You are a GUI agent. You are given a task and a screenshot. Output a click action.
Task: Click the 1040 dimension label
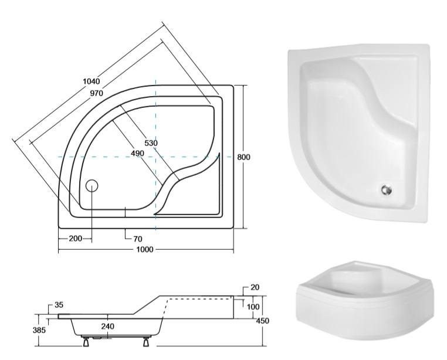[92, 81]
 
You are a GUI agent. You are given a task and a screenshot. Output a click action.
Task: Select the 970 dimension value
[97, 93]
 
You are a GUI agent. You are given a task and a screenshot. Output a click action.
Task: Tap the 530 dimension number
[151, 143]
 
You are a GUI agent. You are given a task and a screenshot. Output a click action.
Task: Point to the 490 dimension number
[137, 154]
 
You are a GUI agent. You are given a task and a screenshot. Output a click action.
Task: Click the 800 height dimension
[244, 157]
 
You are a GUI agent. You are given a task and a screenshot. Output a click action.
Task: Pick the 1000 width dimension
[145, 249]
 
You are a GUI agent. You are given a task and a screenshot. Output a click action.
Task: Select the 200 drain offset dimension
[76, 238]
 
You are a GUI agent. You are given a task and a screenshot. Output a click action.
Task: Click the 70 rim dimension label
[137, 239]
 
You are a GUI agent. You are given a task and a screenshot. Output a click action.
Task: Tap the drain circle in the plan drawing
[92, 185]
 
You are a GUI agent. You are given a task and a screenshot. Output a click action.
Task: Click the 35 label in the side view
[59, 305]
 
